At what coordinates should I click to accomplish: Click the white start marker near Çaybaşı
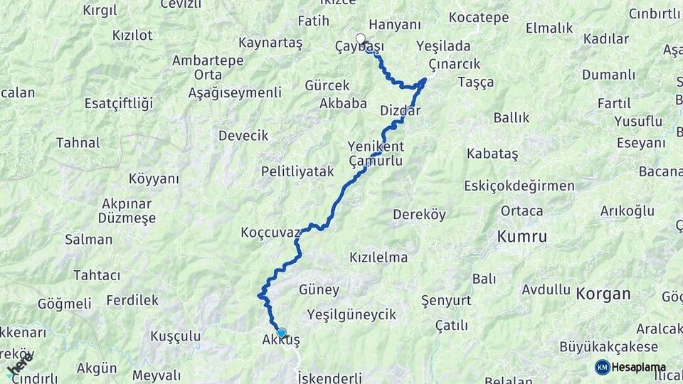[361, 39]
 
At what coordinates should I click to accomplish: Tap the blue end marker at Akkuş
[281, 333]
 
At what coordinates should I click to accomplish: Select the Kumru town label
[522, 237]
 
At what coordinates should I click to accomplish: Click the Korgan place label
[603, 293]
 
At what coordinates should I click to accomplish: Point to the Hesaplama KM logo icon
[602, 367]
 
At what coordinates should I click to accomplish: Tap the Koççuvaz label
[270, 233]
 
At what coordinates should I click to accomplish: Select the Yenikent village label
[376, 146]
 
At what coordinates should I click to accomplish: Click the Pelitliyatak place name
[297, 171]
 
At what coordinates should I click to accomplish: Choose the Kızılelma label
[378, 257]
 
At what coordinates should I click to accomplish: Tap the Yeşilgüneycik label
[351, 314]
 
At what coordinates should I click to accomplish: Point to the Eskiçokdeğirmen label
[519, 186]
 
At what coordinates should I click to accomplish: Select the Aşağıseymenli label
[235, 92]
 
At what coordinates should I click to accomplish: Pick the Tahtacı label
[97, 275]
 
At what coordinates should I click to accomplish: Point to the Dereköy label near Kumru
[420, 214]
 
